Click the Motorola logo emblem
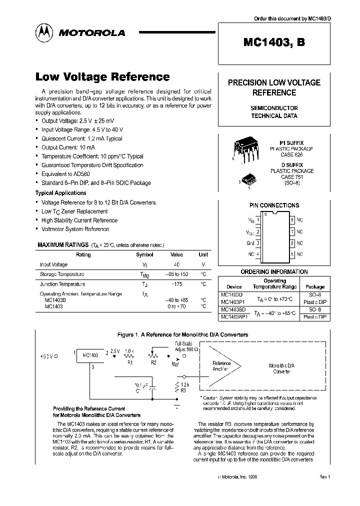click(44, 32)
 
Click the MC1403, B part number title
click(274, 43)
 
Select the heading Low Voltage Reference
click(102, 77)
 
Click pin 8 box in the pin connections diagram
click(292, 219)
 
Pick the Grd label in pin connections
click(250, 243)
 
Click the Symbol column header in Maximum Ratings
click(145, 254)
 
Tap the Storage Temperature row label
click(62, 274)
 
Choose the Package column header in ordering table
click(315, 287)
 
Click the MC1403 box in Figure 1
click(90, 355)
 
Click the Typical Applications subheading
click(60, 193)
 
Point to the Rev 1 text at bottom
click(325, 477)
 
